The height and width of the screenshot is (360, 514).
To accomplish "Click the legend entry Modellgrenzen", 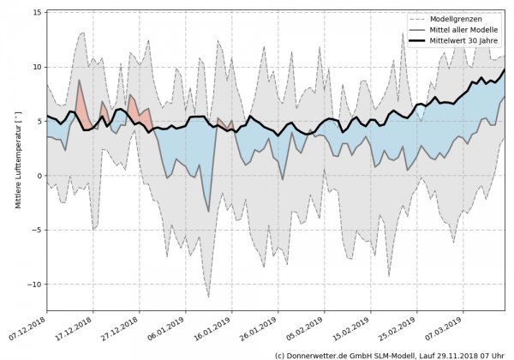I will click(x=453, y=17).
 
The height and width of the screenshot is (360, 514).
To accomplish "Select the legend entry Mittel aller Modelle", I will click(x=461, y=28).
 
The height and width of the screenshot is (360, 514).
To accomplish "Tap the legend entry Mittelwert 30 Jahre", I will click(x=462, y=39).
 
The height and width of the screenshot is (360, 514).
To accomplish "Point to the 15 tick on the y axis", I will click(x=37, y=13).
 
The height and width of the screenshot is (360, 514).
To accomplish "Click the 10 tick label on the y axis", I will click(x=37, y=67).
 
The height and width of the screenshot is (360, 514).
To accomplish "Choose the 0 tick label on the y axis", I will click(x=39, y=176).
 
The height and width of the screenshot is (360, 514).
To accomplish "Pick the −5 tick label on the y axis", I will click(x=37, y=230).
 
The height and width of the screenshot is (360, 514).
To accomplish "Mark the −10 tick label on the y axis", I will click(x=35, y=284).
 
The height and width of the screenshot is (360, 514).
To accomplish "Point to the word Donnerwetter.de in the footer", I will click(x=319, y=354).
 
